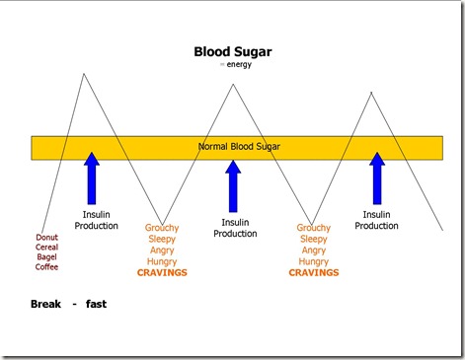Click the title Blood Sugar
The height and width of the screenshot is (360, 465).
[x=233, y=51]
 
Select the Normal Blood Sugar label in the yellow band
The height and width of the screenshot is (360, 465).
[x=239, y=147]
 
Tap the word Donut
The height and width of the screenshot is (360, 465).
[x=46, y=238]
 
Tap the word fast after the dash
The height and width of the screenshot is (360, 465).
[x=96, y=304]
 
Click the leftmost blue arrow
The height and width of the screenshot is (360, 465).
[x=92, y=178]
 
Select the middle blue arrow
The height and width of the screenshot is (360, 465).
[x=233, y=184]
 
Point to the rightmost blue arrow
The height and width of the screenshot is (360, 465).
[x=376, y=178]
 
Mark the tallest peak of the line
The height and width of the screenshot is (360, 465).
[x=85, y=74]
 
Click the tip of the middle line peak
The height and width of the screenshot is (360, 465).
[x=233, y=85]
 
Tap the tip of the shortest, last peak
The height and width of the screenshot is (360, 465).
[x=371, y=93]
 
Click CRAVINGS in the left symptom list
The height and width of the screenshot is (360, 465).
[x=162, y=272]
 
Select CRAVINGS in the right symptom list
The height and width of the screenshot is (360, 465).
[x=313, y=272]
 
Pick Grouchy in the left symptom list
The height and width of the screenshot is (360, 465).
[x=162, y=228]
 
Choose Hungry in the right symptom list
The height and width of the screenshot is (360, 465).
[x=313, y=261]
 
